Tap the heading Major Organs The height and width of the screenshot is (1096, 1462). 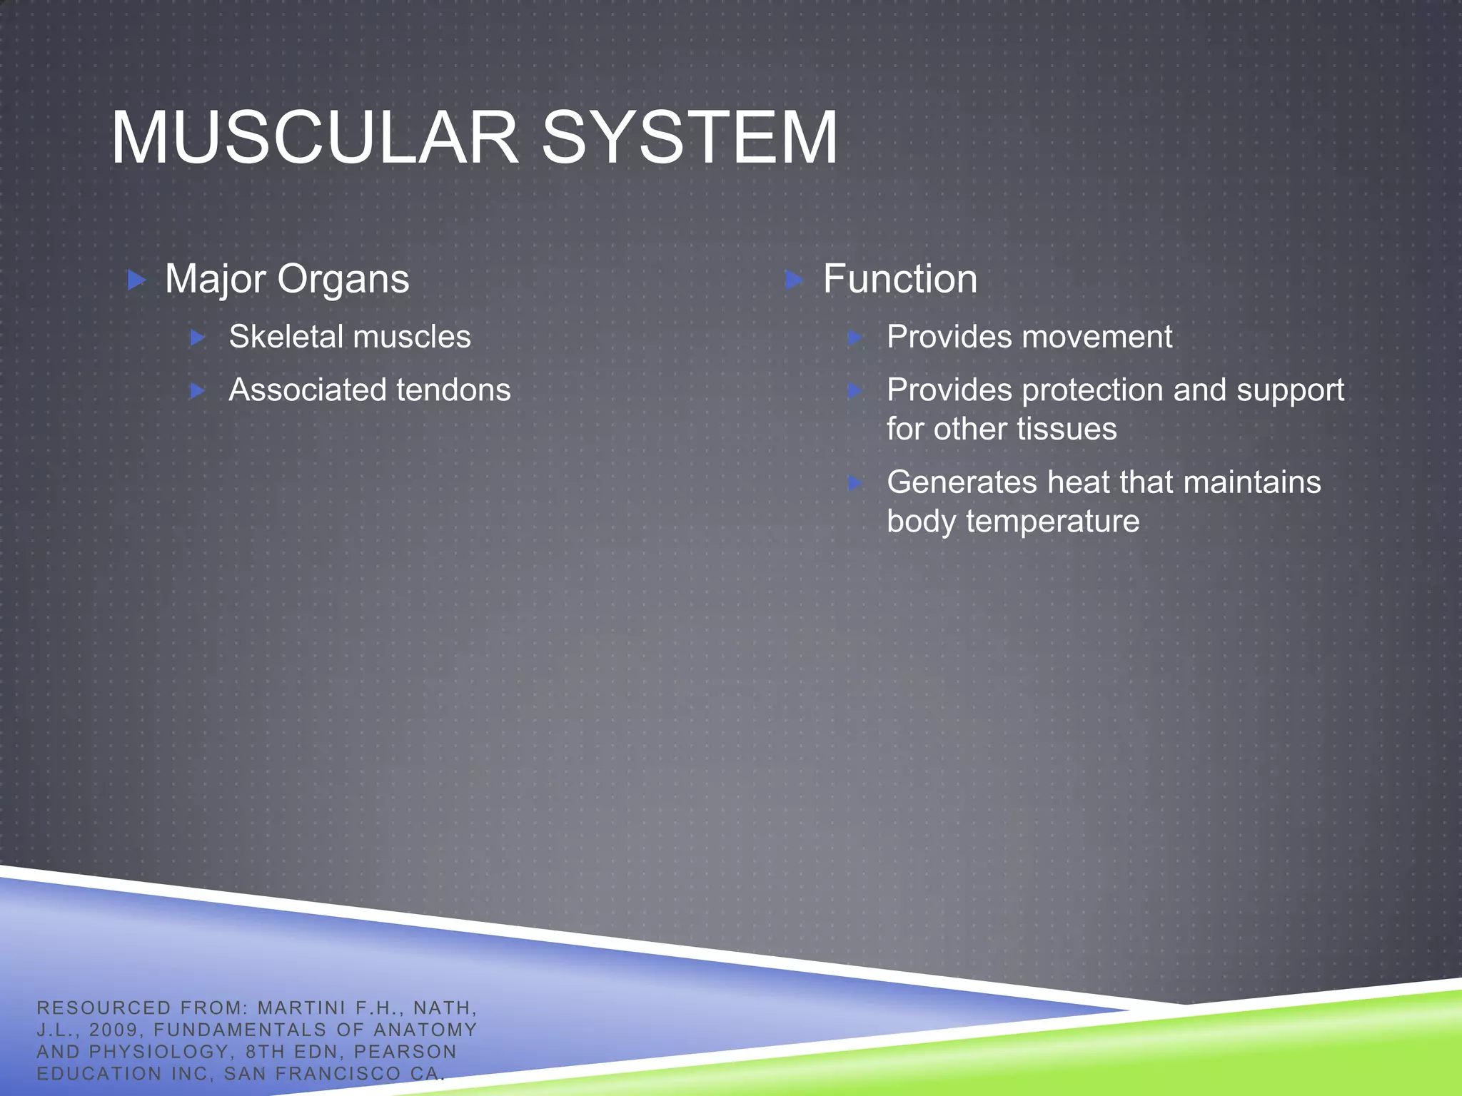pos(287,279)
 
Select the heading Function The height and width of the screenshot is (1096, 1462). pos(899,279)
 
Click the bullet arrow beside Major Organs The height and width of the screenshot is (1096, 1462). pos(136,280)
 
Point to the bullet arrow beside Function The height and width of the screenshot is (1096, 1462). pos(794,280)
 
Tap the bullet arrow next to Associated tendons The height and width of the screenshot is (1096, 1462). pos(198,391)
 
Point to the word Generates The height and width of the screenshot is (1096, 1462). pos(962,482)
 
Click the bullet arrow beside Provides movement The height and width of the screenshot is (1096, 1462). pos(855,338)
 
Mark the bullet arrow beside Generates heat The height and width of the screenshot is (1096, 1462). pos(855,483)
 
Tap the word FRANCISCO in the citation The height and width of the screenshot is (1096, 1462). pos(338,1074)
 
